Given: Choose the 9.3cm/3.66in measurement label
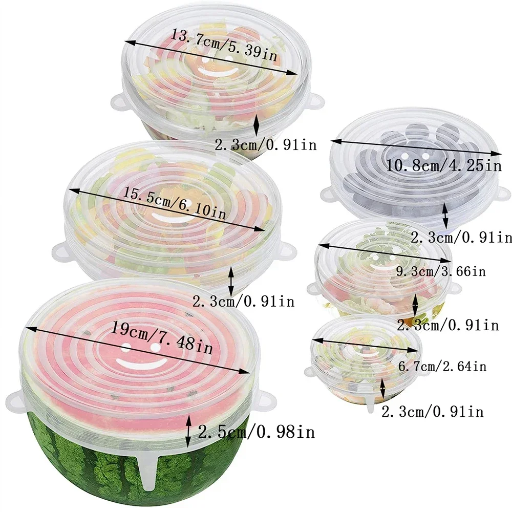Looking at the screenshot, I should (x=440, y=271).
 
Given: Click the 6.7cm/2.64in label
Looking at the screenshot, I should (x=442, y=366).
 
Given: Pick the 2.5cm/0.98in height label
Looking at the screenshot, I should (x=256, y=433).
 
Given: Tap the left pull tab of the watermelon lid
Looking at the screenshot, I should (x=14, y=397).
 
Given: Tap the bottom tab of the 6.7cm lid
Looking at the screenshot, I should (x=370, y=405).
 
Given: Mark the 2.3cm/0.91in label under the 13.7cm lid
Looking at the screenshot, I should (x=265, y=145).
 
